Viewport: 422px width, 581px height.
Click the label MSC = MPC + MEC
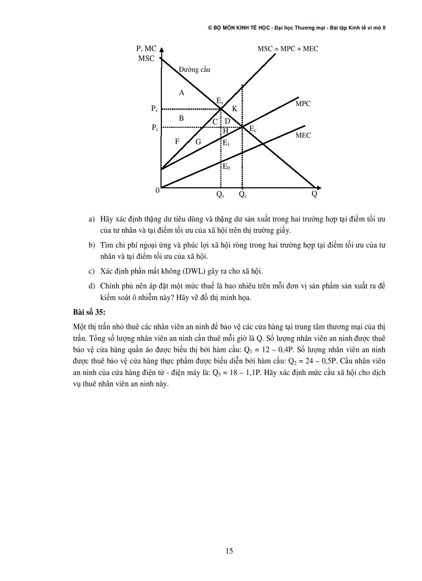[x=288, y=49]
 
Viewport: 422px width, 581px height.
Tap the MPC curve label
[x=303, y=104]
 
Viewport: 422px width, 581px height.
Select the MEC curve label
[x=303, y=136]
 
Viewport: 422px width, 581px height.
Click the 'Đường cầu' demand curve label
[x=194, y=69]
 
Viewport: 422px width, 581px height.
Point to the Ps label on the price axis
[x=154, y=109]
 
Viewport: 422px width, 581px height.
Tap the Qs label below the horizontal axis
[x=220, y=196]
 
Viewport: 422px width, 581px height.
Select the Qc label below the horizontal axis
[x=243, y=196]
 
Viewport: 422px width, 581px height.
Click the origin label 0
[x=157, y=190]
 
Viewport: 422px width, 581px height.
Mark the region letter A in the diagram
[x=181, y=93]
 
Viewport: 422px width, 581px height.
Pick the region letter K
[x=234, y=109]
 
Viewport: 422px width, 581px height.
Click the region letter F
[x=177, y=141]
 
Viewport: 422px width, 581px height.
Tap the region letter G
[x=198, y=141]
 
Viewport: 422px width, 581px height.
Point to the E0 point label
[x=227, y=167]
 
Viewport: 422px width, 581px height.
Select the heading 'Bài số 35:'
[x=89, y=311]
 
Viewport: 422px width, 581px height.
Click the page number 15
[x=229, y=550]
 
